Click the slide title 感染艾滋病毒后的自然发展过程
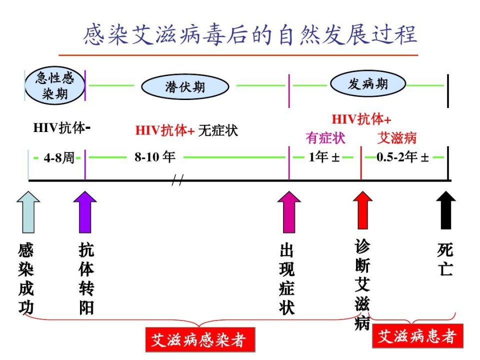(250, 34)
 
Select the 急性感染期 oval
(55, 85)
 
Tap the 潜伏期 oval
(185, 86)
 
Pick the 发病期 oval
(368, 83)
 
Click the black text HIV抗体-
(62, 127)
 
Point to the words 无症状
(218, 130)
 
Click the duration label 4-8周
(59, 158)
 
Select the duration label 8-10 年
(155, 156)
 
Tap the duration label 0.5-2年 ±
(402, 157)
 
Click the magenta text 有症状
(325, 138)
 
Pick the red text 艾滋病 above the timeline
(396, 138)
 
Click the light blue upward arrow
(28, 212)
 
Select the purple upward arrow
(85, 212)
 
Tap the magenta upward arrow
(289, 212)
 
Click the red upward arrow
(363, 210)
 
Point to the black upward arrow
(446, 210)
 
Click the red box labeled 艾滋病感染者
(200, 339)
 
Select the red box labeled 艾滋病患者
(417, 336)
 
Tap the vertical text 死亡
(445, 259)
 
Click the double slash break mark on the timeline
(177, 180)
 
